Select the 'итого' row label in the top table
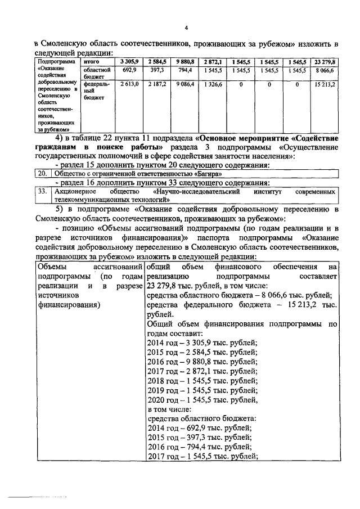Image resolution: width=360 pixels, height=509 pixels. click(x=91, y=61)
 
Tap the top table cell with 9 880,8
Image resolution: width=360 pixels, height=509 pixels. click(x=185, y=61)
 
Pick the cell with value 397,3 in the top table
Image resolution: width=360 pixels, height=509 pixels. click(x=156, y=70)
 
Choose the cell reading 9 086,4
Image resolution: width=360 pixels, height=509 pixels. click(x=185, y=84)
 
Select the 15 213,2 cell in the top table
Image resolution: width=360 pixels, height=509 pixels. click(x=325, y=84)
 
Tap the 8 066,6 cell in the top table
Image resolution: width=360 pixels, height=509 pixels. click(x=325, y=70)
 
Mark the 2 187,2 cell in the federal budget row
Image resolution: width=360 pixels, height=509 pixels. click(x=156, y=84)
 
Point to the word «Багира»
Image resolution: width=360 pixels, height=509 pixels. click(x=200, y=174)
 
